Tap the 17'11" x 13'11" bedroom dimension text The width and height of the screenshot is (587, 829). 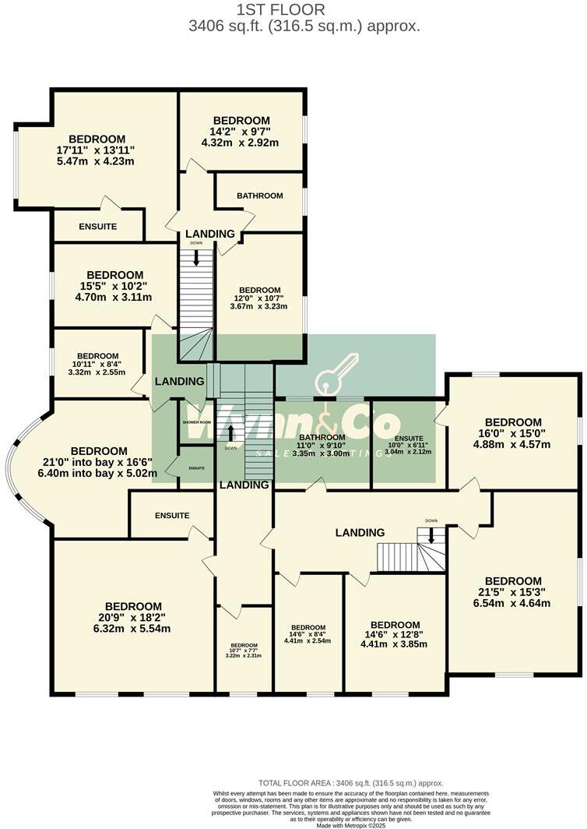point(96,150)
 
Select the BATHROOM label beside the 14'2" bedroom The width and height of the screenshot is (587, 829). point(260,196)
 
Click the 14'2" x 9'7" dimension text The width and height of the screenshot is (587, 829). point(241,132)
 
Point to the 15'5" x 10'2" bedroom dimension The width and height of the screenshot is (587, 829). point(115,286)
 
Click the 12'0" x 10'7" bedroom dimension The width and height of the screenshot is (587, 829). point(260,298)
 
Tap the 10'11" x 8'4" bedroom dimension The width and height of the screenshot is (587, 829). point(97,364)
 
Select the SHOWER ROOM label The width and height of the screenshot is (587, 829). point(197,422)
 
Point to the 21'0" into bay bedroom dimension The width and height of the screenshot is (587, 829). point(99,462)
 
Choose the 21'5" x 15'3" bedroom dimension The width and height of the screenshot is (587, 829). point(513,592)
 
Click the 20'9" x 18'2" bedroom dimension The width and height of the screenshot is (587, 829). point(133,618)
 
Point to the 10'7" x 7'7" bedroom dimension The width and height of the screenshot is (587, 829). point(244,650)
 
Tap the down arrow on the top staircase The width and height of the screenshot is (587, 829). point(196,258)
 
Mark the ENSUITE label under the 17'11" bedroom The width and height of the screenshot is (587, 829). point(98,227)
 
